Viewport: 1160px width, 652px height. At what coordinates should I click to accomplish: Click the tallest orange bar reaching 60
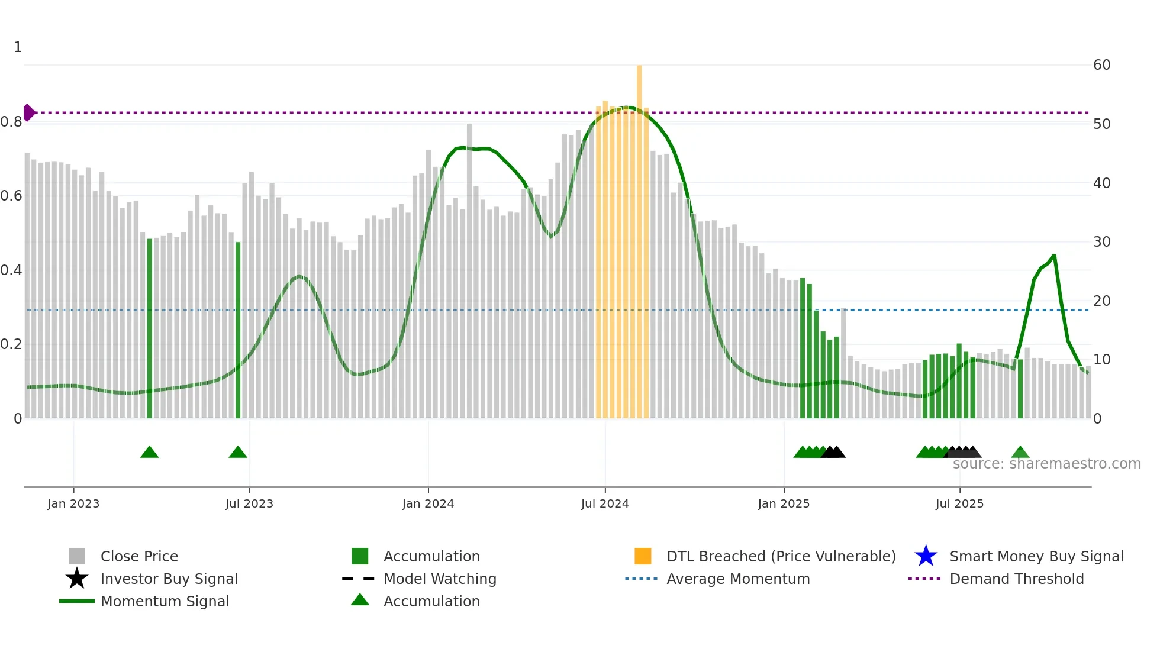(x=639, y=237)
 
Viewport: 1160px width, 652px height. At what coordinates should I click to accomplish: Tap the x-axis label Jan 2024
(x=428, y=504)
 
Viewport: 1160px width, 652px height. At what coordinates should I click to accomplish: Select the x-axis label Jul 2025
(x=959, y=504)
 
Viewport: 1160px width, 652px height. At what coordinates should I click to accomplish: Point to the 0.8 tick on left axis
(x=11, y=122)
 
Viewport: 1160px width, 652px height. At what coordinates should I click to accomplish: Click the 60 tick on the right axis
(x=1101, y=65)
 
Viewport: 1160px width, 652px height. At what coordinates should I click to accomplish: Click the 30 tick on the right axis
(x=1101, y=242)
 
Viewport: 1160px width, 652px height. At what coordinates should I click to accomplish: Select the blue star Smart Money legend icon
(x=926, y=556)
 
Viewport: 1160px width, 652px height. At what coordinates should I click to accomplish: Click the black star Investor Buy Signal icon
(x=77, y=579)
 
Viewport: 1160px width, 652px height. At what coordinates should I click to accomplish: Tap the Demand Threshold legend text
(x=1016, y=579)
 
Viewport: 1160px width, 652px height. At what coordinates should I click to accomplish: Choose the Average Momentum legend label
(x=738, y=579)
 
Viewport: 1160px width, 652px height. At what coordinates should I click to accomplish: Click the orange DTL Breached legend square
(x=643, y=556)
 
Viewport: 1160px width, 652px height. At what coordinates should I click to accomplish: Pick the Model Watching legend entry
(x=440, y=579)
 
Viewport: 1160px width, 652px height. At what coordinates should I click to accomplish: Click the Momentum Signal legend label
(x=165, y=601)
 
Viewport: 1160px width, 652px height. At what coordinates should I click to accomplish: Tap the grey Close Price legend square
(x=77, y=556)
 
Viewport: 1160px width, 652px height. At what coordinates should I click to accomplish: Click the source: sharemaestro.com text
(x=1046, y=464)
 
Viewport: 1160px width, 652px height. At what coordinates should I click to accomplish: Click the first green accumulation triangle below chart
(x=150, y=453)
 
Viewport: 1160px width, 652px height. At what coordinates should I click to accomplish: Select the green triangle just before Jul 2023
(x=238, y=453)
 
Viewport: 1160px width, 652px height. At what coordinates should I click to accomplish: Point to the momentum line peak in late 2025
(x=1054, y=256)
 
